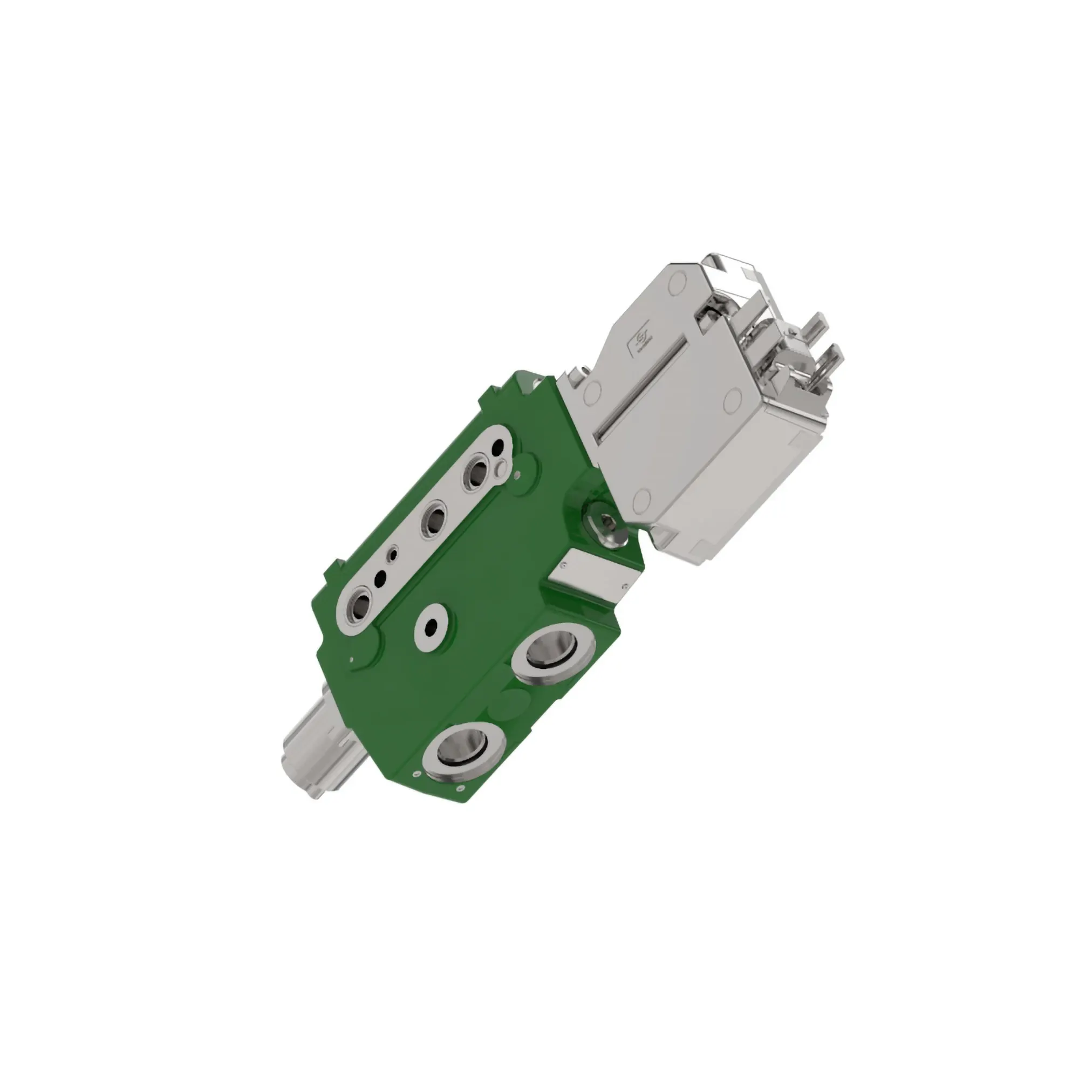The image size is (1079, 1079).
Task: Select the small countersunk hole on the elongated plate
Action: [x=395, y=555]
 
